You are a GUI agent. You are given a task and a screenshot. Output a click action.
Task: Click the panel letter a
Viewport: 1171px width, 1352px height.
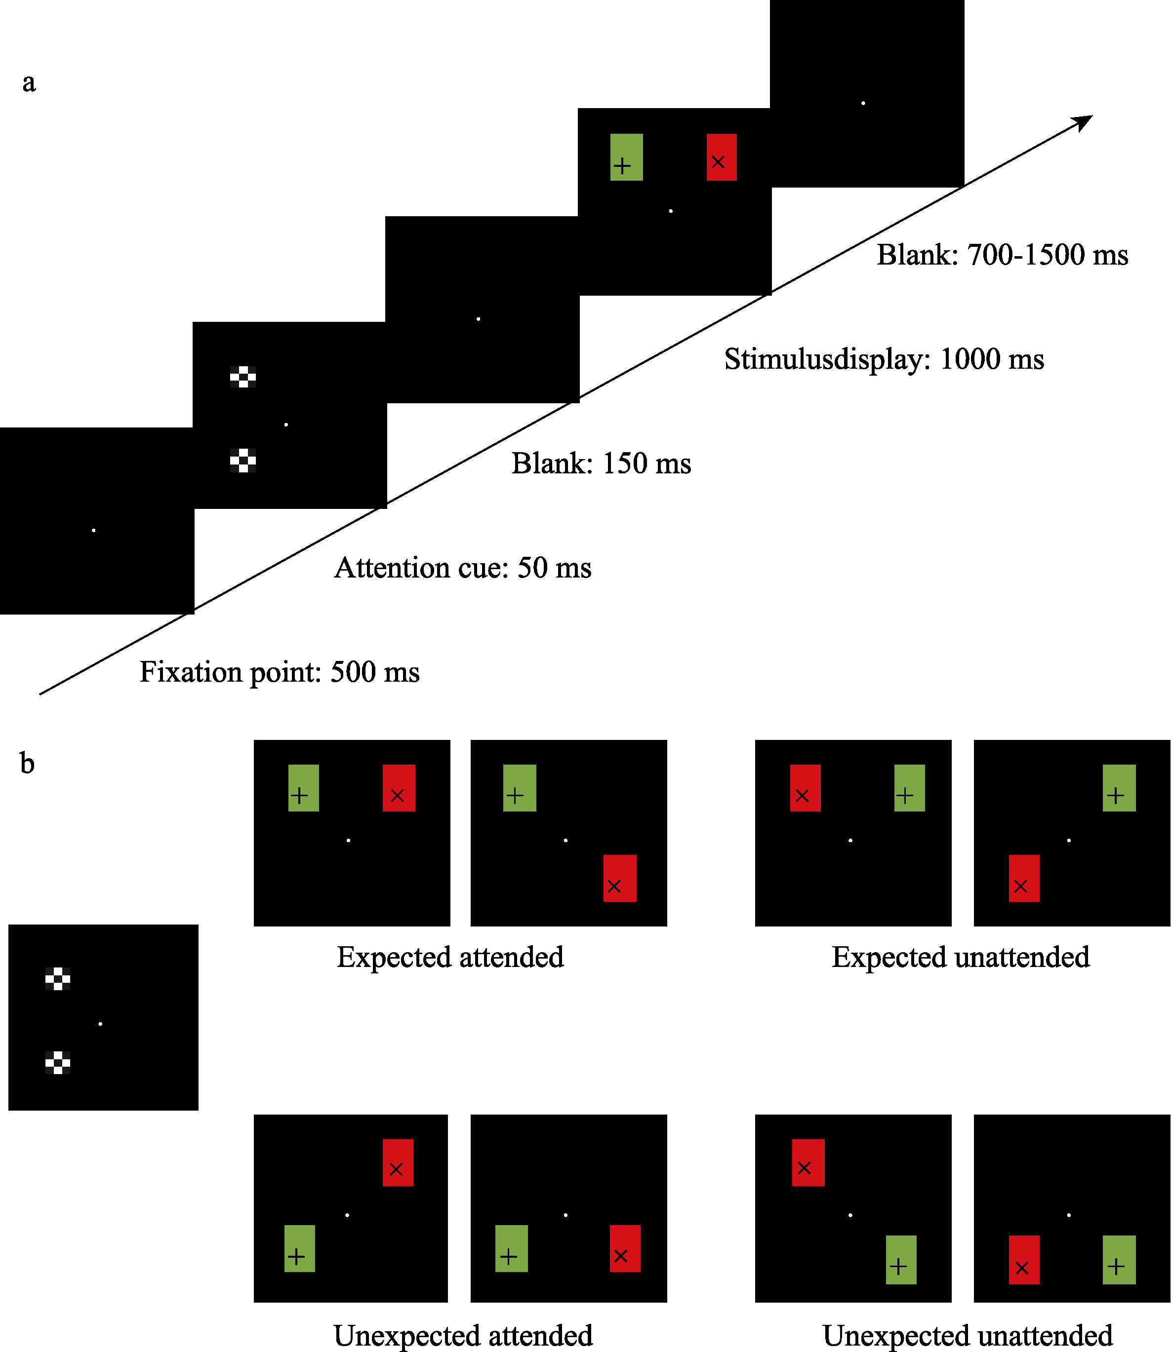click(29, 83)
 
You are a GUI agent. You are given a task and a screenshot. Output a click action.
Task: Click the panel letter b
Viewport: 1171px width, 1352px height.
click(27, 763)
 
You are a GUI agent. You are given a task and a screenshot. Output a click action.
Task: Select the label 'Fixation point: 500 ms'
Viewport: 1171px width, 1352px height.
click(279, 672)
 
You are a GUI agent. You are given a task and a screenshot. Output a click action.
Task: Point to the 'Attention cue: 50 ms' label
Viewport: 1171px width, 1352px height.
click(463, 568)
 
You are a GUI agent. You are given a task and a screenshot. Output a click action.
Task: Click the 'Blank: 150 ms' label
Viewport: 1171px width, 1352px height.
click(601, 464)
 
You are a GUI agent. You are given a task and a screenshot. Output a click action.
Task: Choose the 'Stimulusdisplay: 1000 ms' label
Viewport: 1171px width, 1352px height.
click(884, 359)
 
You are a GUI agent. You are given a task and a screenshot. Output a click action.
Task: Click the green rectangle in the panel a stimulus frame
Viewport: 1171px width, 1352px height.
click(626, 157)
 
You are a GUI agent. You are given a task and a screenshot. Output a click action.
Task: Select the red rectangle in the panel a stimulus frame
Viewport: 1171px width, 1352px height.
click(722, 157)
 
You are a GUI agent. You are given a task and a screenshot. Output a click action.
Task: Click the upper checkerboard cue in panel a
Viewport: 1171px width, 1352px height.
click(242, 377)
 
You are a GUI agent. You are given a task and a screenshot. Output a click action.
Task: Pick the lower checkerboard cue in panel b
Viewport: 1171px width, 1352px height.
click(57, 1063)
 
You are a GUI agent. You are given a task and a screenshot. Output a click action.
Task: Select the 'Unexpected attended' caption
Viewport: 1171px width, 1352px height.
click(463, 1336)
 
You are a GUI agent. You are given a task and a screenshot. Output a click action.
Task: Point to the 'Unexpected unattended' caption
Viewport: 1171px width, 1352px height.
click(967, 1336)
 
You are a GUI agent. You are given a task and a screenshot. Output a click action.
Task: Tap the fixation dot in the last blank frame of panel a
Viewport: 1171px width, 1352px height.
click(863, 103)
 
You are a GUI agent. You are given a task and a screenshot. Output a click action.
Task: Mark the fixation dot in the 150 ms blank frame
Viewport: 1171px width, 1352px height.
click(479, 319)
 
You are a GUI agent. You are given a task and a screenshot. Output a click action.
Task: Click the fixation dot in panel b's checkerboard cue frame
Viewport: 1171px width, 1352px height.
click(100, 1023)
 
